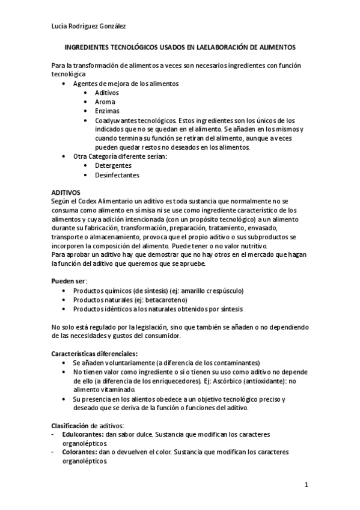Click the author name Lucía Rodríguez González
(x=88, y=25)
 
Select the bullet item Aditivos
(x=107, y=93)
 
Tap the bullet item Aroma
(x=105, y=102)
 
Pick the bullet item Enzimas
(x=107, y=111)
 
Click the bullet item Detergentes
(x=113, y=165)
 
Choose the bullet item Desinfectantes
(x=117, y=175)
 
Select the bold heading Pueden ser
(x=69, y=281)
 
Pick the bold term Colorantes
(x=78, y=452)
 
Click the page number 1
(x=306, y=484)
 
